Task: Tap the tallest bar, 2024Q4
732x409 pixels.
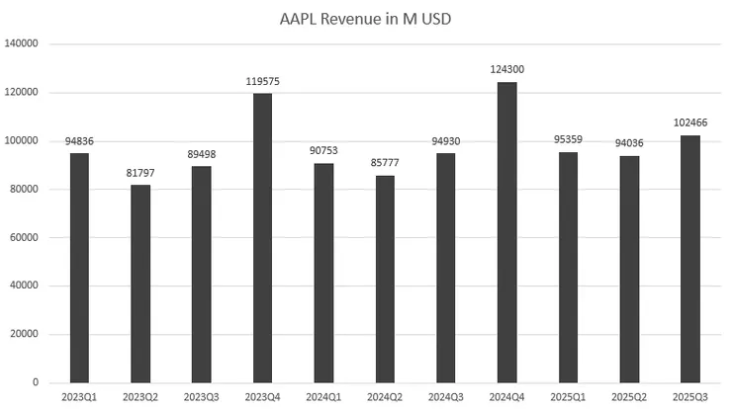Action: tap(506, 232)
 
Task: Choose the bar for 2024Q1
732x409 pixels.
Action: tap(322, 273)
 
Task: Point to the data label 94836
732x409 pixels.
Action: tap(79, 139)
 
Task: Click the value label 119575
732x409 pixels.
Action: tap(262, 80)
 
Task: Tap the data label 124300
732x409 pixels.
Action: tap(506, 69)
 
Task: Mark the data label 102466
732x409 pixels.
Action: tap(689, 122)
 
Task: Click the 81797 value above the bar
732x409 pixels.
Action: tap(140, 172)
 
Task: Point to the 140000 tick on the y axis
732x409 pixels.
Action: tap(22, 43)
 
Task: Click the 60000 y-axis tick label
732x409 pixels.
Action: tap(25, 237)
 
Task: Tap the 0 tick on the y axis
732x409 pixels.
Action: tap(37, 382)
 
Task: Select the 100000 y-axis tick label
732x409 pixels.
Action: tap(22, 140)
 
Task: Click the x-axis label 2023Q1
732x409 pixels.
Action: tap(79, 397)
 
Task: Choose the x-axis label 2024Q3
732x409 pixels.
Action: tap(445, 397)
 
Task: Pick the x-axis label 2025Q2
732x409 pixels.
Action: tap(628, 397)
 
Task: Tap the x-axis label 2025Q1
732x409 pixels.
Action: tap(568, 397)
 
